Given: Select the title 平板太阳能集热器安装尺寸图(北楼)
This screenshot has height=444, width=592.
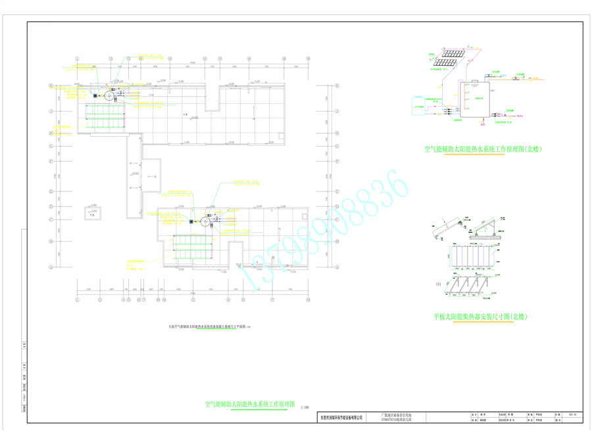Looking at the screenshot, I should coord(481,316).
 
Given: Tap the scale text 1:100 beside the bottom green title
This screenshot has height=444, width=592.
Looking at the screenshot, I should coord(305,408).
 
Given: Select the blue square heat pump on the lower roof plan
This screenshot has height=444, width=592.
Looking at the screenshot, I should coord(191,222).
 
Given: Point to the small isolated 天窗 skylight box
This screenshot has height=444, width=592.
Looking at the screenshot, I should coord(93,214).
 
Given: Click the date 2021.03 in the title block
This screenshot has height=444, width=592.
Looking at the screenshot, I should coord(570,414).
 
